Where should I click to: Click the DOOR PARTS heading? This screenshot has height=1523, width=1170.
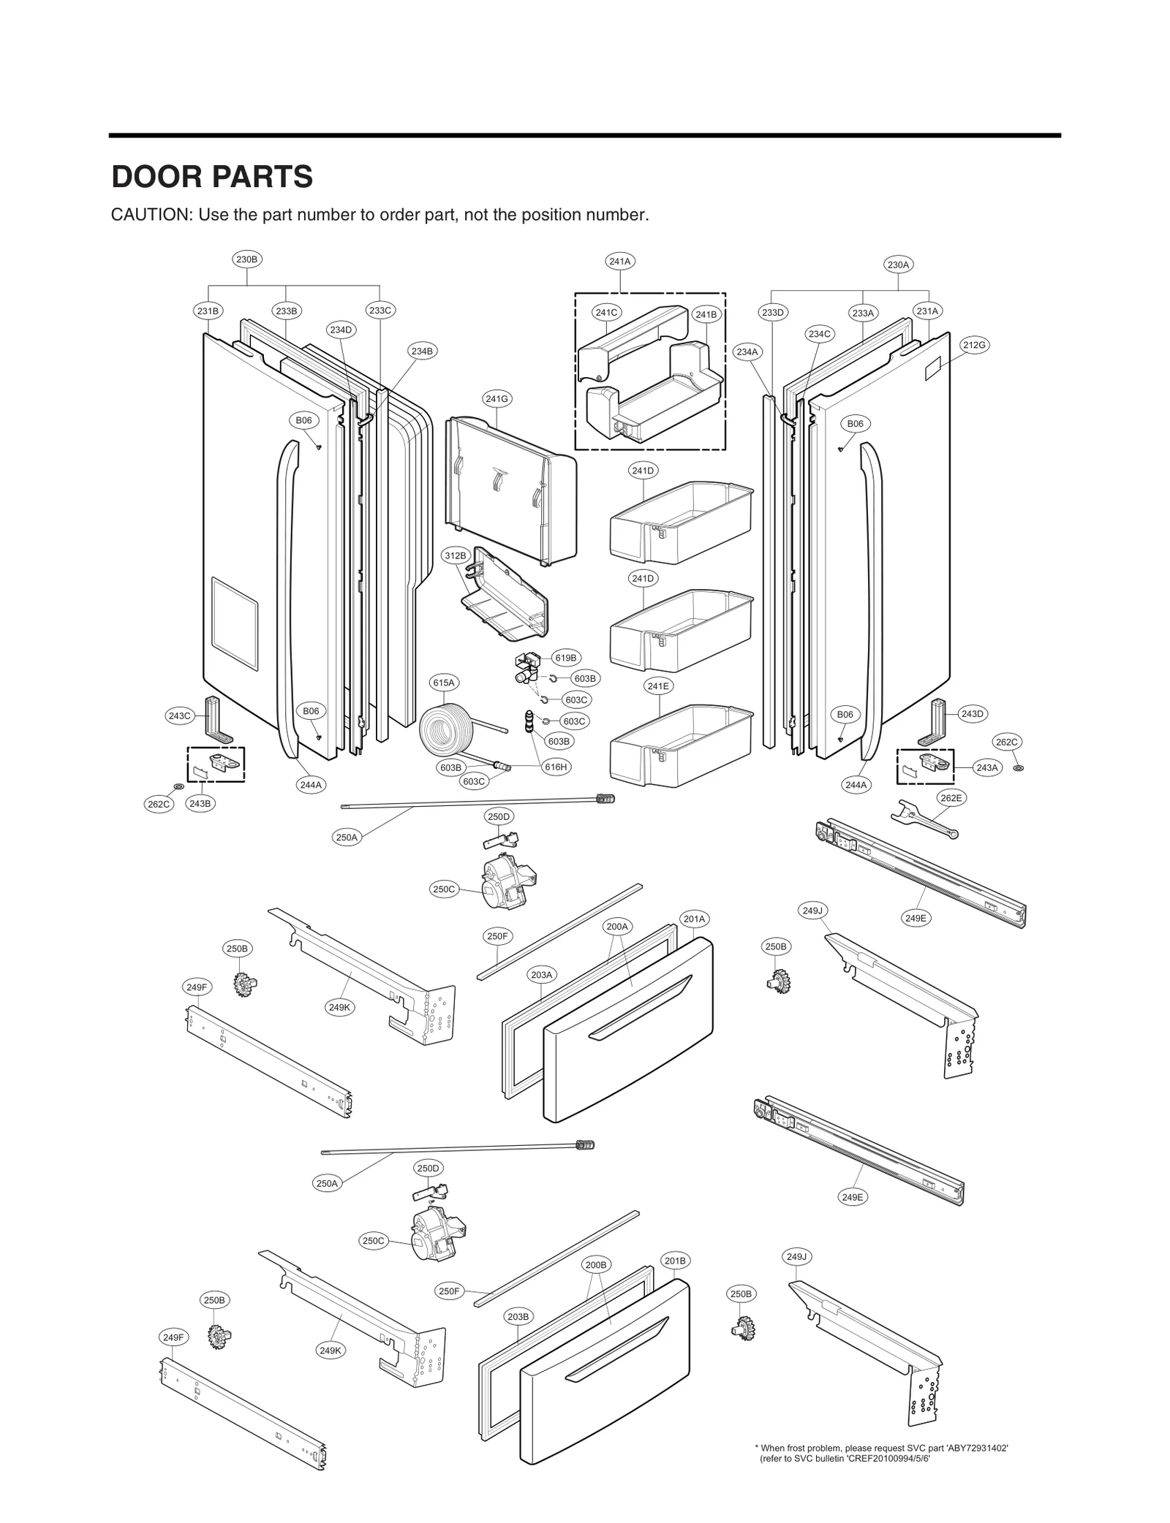tap(212, 177)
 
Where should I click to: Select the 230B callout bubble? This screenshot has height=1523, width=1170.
tap(247, 259)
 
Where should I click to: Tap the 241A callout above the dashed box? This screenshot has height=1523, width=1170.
tap(620, 261)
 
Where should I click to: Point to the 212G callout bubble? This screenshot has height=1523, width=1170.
tap(974, 345)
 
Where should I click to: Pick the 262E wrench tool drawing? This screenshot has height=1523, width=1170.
tap(923, 819)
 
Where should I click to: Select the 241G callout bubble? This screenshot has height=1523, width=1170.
tap(497, 398)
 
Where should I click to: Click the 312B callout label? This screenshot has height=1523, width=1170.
tap(455, 555)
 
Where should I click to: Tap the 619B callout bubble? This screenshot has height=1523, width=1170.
tap(565, 658)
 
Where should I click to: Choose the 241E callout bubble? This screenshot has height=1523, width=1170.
tap(658, 685)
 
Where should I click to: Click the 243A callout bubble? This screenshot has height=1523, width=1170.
tap(987, 767)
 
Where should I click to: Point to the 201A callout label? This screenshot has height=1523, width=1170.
tap(693, 919)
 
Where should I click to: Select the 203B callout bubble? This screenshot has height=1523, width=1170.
tap(518, 1316)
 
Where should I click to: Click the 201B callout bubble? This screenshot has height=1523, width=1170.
tap(674, 1261)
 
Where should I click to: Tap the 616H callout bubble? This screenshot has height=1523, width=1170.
tap(556, 767)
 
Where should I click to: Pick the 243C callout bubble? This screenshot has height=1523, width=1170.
tap(179, 715)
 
